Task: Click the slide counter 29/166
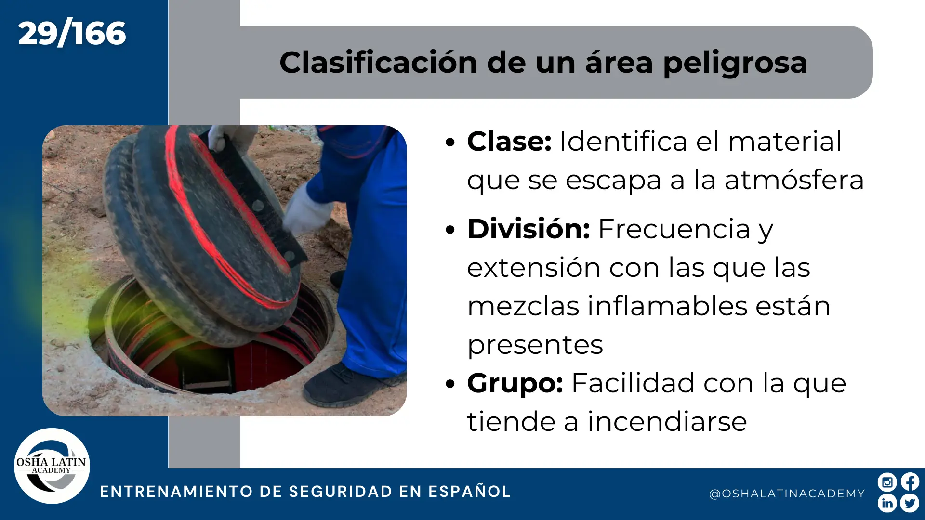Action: point(72,34)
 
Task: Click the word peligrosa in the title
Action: point(735,64)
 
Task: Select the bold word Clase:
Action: point(509,142)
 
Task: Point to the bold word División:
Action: point(529,229)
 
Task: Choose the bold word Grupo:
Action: point(515,384)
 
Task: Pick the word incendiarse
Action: point(667,422)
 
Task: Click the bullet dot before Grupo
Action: point(450,384)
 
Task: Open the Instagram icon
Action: point(887,482)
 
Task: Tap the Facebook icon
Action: point(910,482)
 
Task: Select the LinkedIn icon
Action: point(887,503)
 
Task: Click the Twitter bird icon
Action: point(910,503)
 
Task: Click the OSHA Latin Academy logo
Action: point(52,466)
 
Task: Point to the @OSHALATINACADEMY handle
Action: point(787,494)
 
